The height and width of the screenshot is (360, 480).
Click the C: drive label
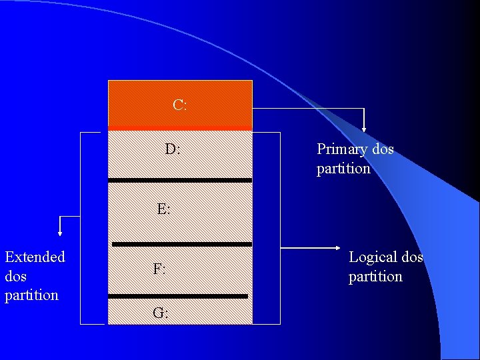(179, 105)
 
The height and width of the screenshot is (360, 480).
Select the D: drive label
(172, 149)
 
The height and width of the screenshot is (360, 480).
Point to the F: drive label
(159, 269)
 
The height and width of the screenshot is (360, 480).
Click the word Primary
(342, 149)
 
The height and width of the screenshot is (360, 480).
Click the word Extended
(35, 257)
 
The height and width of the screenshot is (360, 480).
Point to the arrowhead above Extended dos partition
(60, 233)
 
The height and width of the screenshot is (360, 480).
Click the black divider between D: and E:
(180, 180)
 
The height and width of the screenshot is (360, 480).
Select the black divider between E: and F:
(181, 244)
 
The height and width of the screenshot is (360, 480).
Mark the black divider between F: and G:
(178, 296)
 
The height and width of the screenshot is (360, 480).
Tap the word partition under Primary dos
(343, 169)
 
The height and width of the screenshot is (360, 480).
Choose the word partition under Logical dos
(375, 276)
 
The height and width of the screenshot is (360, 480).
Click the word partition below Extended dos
(31, 295)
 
